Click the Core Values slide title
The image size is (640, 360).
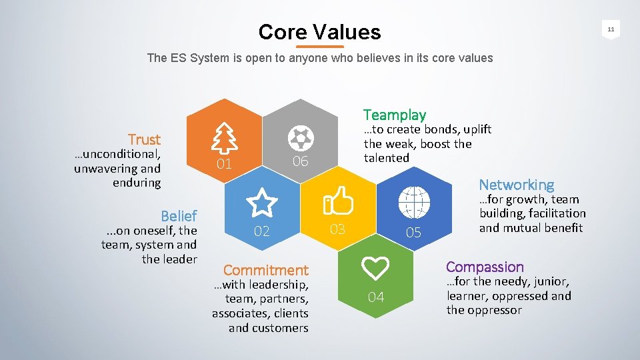click(x=319, y=31)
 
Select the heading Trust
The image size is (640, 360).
click(x=145, y=139)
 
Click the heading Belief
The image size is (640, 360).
click(x=179, y=216)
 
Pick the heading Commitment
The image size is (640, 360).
click(x=266, y=270)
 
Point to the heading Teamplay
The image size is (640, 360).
click(x=394, y=115)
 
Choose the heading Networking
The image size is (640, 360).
click(x=516, y=185)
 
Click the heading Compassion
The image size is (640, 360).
click(x=485, y=267)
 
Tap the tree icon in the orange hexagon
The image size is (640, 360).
click(x=224, y=139)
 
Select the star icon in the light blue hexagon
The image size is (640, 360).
click(x=262, y=201)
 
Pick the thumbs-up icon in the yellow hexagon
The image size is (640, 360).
click(x=338, y=201)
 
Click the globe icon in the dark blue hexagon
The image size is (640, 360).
click(x=413, y=201)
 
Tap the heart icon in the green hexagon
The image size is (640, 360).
click(x=376, y=268)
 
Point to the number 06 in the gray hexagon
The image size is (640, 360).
click(x=300, y=161)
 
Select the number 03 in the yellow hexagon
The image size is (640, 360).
click(x=338, y=229)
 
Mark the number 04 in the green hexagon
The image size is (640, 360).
click(x=376, y=297)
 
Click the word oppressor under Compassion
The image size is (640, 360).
click(x=493, y=310)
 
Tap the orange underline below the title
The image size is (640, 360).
click(x=319, y=47)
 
